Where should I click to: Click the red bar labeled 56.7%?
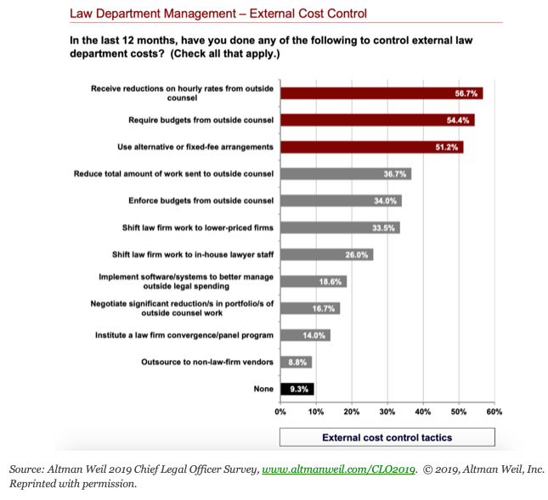click(x=381, y=93)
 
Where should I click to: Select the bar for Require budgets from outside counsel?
click(x=377, y=120)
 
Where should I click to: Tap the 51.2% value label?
click(x=447, y=147)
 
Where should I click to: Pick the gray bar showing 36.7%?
click(x=346, y=174)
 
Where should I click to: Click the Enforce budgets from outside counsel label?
click(x=201, y=201)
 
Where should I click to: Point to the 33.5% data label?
click(x=383, y=228)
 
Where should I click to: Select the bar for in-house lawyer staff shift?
click(x=327, y=255)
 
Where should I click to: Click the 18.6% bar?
click(x=314, y=282)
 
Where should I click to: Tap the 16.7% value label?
click(x=324, y=309)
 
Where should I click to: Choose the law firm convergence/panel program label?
click(x=184, y=335)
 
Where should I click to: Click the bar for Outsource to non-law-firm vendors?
click(x=296, y=362)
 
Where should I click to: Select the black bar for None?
click(x=297, y=389)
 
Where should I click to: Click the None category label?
click(x=263, y=389)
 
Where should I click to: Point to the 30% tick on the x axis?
click(x=387, y=412)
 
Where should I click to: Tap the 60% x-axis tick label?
click(x=494, y=412)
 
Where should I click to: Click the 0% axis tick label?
click(x=280, y=412)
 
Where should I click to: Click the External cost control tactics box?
click(x=387, y=437)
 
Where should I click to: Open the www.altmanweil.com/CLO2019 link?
click(x=338, y=469)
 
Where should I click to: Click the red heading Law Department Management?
click(x=153, y=14)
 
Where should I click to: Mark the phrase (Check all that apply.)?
click(x=225, y=53)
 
